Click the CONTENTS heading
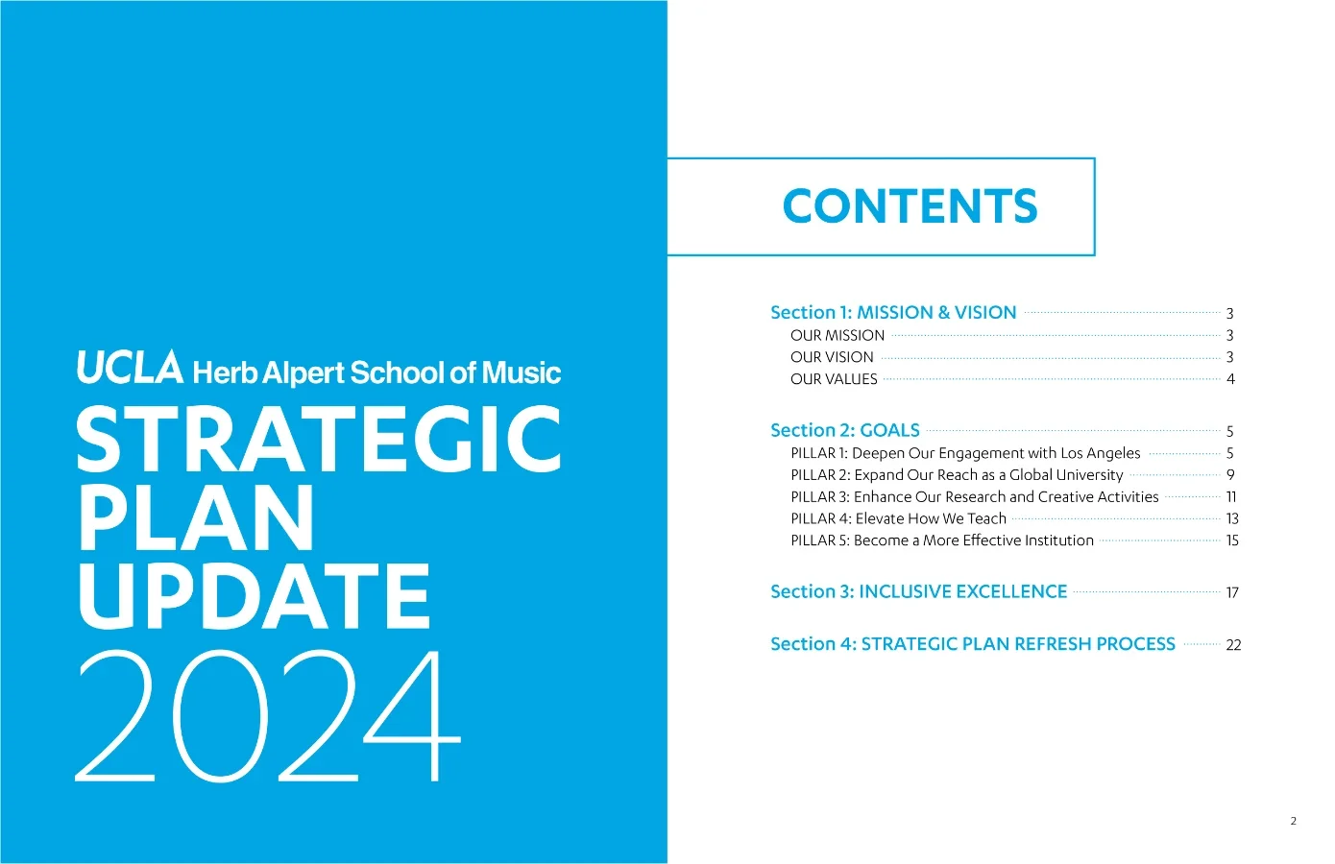(x=910, y=206)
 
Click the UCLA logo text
(x=130, y=369)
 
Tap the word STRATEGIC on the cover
(x=319, y=440)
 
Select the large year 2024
(x=269, y=716)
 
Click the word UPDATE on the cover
(x=255, y=596)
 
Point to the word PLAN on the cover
(x=196, y=518)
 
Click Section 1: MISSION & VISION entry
(x=892, y=313)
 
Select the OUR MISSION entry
(x=837, y=335)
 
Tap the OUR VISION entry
(x=832, y=357)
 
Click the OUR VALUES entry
(x=834, y=379)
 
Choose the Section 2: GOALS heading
(x=844, y=431)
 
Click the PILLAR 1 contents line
(x=965, y=453)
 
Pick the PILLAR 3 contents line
(x=974, y=497)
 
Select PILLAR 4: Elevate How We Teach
(x=898, y=519)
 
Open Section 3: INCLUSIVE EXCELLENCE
(x=918, y=592)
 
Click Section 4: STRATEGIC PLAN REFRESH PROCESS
(x=972, y=644)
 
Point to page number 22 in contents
(x=1233, y=645)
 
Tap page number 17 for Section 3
(x=1232, y=593)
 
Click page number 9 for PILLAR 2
(x=1230, y=475)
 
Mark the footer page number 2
(x=1293, y=821)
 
